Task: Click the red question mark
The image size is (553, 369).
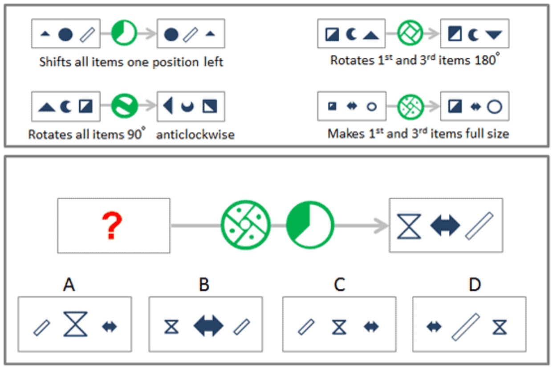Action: (112, 225)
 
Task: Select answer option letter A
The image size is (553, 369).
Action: (69, 284)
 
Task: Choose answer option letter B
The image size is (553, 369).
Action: (204, 284)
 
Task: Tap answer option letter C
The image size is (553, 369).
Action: (339, 284)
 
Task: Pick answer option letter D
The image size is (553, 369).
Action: (475, 284)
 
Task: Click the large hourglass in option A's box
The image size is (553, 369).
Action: (76, 324)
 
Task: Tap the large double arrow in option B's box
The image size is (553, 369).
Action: (209, 326)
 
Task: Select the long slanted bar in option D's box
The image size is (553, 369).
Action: (466, 327)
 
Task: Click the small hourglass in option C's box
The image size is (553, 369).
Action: (339, 327)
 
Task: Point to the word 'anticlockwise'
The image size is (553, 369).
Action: (195, 135)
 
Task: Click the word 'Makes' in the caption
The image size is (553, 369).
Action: (346, 134)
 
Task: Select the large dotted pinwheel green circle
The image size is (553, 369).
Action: (246, 225)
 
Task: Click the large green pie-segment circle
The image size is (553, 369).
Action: (310, 225)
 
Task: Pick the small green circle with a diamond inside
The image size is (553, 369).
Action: (410, 33)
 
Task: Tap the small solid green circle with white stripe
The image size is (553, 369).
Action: (125, 106)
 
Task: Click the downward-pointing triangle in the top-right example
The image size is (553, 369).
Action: (494, 35)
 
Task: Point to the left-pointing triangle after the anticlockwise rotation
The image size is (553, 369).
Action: (168, 106)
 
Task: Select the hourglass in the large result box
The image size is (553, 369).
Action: (409, 226)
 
